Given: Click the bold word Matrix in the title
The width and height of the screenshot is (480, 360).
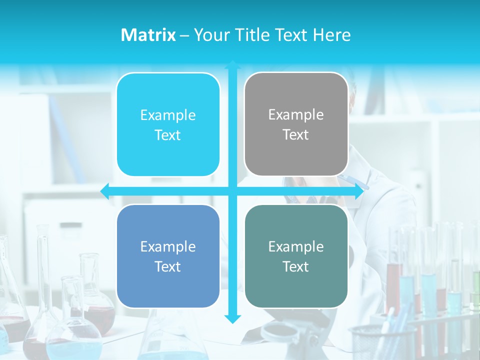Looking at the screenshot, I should point(148,35).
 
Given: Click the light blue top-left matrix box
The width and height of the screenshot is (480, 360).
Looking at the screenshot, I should point(168,124).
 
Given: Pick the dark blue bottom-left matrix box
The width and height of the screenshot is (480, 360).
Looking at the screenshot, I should point(168,256).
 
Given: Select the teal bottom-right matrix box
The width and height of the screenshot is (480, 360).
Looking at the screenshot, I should point(296,256).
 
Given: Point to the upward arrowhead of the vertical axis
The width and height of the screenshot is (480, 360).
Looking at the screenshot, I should point(232,65).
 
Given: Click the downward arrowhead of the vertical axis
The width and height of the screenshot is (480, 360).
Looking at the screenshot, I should point(232,319).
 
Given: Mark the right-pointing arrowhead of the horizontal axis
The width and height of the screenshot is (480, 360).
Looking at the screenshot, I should point(359,191).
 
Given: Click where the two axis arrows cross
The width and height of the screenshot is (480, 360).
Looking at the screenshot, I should point(232,191).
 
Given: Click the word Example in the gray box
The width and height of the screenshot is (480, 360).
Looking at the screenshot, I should point(296,114).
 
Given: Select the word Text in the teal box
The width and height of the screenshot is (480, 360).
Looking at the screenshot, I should point(296,266).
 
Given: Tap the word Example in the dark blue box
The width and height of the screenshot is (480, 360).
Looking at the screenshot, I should point(168,246).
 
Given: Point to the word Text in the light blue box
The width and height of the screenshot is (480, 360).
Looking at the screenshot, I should point(168,135).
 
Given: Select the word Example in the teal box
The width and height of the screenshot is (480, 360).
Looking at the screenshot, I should point(296,246).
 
